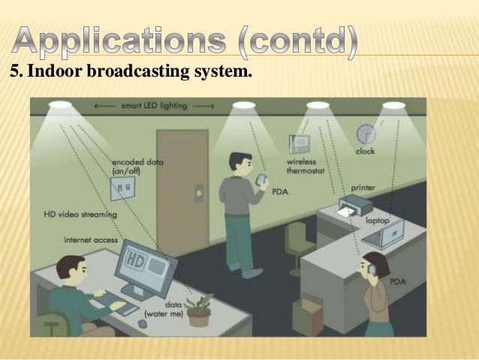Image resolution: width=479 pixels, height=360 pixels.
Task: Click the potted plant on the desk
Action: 200,309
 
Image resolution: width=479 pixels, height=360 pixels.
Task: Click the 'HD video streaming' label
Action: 80,215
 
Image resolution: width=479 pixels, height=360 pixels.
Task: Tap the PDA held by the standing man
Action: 262,180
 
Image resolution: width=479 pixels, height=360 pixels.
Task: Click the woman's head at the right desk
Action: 373,265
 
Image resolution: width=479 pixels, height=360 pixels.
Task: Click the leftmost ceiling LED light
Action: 60,104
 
